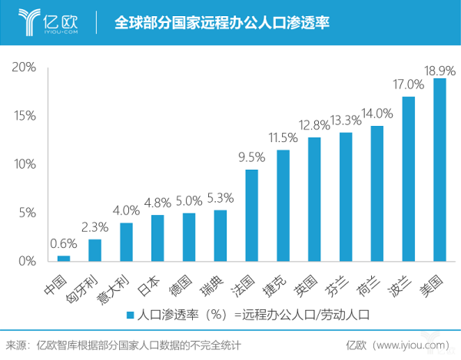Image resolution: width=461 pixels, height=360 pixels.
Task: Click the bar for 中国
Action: point(64,258)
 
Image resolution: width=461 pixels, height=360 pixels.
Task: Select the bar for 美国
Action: point(439,170)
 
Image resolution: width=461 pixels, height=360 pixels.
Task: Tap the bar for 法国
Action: point(251,215)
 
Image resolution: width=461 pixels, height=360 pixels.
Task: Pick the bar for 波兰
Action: point(408,179)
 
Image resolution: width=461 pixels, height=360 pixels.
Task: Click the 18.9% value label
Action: point(439,70)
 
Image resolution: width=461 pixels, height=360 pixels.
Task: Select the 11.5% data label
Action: point(283,138)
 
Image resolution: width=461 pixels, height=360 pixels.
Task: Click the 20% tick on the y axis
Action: point(24,68)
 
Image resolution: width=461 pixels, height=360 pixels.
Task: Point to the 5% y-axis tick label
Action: point(27,213)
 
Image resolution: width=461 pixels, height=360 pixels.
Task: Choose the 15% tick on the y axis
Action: point(24,116)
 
